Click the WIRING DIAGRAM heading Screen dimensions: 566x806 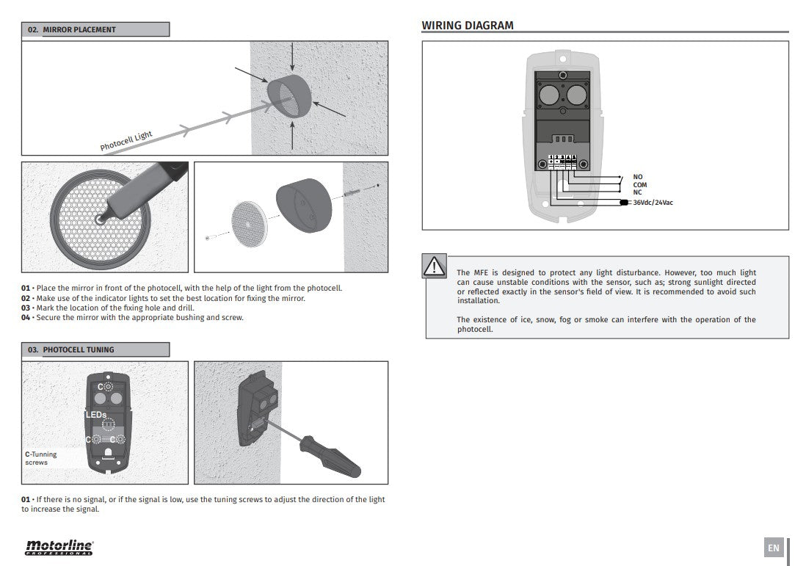coord(467,26)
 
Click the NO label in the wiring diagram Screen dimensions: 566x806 coord(637,177)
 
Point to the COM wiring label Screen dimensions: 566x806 coord(639,185)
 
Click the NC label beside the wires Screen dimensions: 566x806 coord(637,192)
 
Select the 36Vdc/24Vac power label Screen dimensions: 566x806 coord(653,202)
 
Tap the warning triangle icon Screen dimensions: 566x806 coord(434,266)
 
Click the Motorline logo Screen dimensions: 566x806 coord(59,547)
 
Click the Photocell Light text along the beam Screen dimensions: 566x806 coord(126,140)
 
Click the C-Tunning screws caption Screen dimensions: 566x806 coord(41,458)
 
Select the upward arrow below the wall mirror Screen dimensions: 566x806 coord(292,136)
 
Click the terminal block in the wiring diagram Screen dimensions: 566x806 coord(562,161)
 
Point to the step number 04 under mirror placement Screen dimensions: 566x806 coord(26,318)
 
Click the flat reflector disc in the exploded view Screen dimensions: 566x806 coord(247,219)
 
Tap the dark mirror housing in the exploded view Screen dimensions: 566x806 coord(303,206)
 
